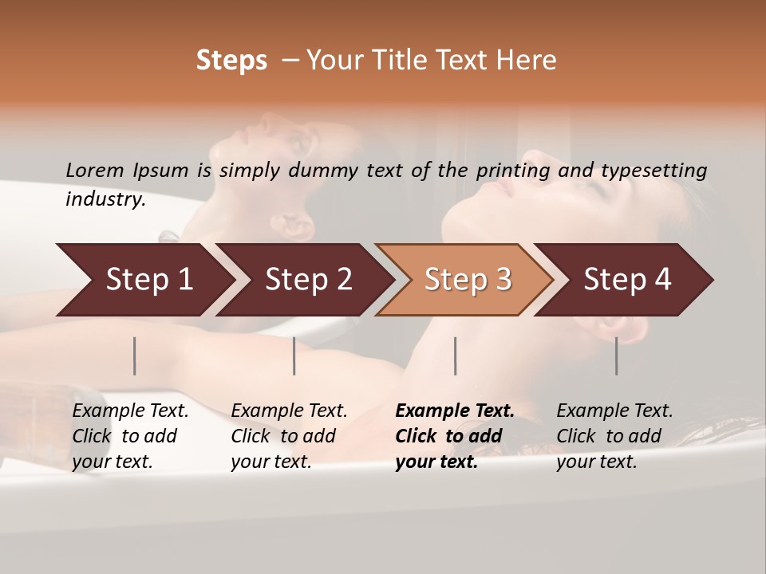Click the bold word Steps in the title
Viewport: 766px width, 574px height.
tap(231, 60)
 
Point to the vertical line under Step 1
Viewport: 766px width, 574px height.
tap(135, 356)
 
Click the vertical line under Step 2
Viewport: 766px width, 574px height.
tap(294, 356)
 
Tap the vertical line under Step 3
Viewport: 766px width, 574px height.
tap(455, 356)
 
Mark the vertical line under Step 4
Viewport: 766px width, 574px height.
tap(616, 356)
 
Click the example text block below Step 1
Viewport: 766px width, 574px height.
tap(130, 436)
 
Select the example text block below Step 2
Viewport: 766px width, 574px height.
tap(289, 436)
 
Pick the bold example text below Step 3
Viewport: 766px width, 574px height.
tap(455, 436)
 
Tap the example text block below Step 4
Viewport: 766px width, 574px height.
tap(614, 436)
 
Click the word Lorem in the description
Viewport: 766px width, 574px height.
tap(94, 170)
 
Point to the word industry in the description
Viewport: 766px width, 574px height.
tap(105, 199)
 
